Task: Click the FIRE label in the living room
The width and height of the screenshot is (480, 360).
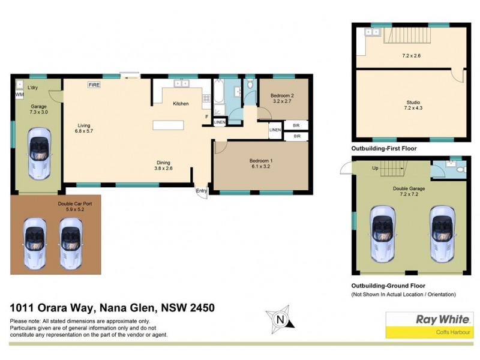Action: [94, 85]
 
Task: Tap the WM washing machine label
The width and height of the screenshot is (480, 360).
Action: [19, 95]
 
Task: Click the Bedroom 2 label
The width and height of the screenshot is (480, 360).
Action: [281, 95]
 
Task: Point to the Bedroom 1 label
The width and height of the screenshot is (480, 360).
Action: [261, 160]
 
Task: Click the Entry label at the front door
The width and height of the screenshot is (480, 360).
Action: [201, 191]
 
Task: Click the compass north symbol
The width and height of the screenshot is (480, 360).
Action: [279, 320]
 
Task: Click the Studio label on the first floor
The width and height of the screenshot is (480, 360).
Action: [412, 102]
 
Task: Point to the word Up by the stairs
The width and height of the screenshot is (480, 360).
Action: [375, 168]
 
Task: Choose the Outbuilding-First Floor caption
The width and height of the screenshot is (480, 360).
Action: [383, 148]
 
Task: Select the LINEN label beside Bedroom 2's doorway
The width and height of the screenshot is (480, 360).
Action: [275, 130]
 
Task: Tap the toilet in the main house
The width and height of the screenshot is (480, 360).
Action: [250, 92]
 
